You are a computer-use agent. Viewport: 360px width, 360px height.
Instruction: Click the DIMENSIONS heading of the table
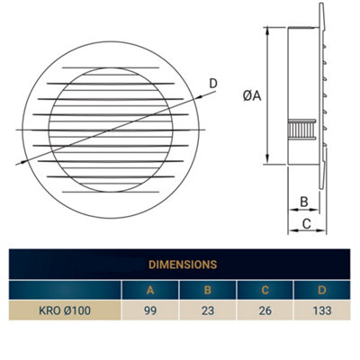coord(180,265)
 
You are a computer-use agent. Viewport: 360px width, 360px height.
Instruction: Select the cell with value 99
coord(150,311)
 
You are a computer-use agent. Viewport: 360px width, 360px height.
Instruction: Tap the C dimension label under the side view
coord(305,223)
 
